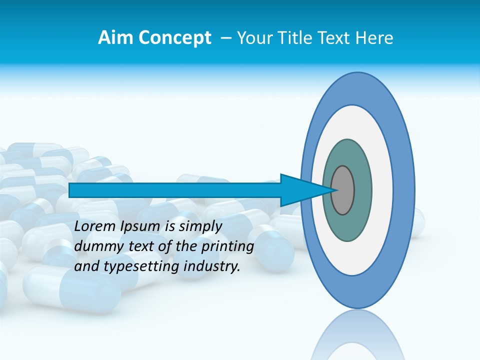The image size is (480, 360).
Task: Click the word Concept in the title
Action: click(x=175, y=38)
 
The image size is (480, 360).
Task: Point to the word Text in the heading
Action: click(x=335, y=38)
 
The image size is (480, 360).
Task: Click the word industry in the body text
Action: click(x=210, y=266)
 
